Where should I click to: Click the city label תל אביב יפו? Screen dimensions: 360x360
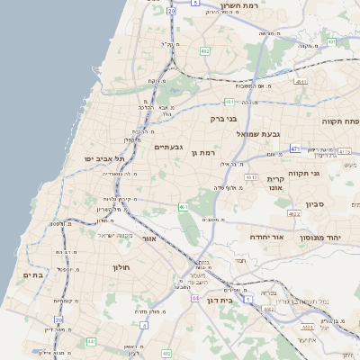pyautogui.click(x=103, y=158)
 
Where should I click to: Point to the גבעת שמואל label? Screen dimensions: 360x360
pyautogui.click(x=260, y=134)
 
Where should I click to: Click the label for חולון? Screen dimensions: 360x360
pyautogui.click(x=121, y=267)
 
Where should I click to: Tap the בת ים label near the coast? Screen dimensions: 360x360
pyautogui.click(x=32, y=274)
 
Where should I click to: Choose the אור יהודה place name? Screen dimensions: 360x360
pyautogui.click(x=266, y=237)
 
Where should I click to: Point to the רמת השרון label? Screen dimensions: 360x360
pyautogui.click(x=265, y=6)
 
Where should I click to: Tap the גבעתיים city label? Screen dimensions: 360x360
pyautogui.click(x=168, y=147)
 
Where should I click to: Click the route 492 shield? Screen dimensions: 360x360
pyautogui.click(x=204, y=51)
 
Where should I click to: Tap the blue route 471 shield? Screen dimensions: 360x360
pyautogui.click(x=295, y=148)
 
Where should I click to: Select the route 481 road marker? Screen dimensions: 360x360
pyautogui.click(x=229, y=103)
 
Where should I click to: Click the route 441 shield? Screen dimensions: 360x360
pyautogui.click(x=91, y=342)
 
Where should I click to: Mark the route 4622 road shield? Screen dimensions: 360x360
pyautogui.click(x=294, y=214)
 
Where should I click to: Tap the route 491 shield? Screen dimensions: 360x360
pyautogui.click(x=331, y=42)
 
